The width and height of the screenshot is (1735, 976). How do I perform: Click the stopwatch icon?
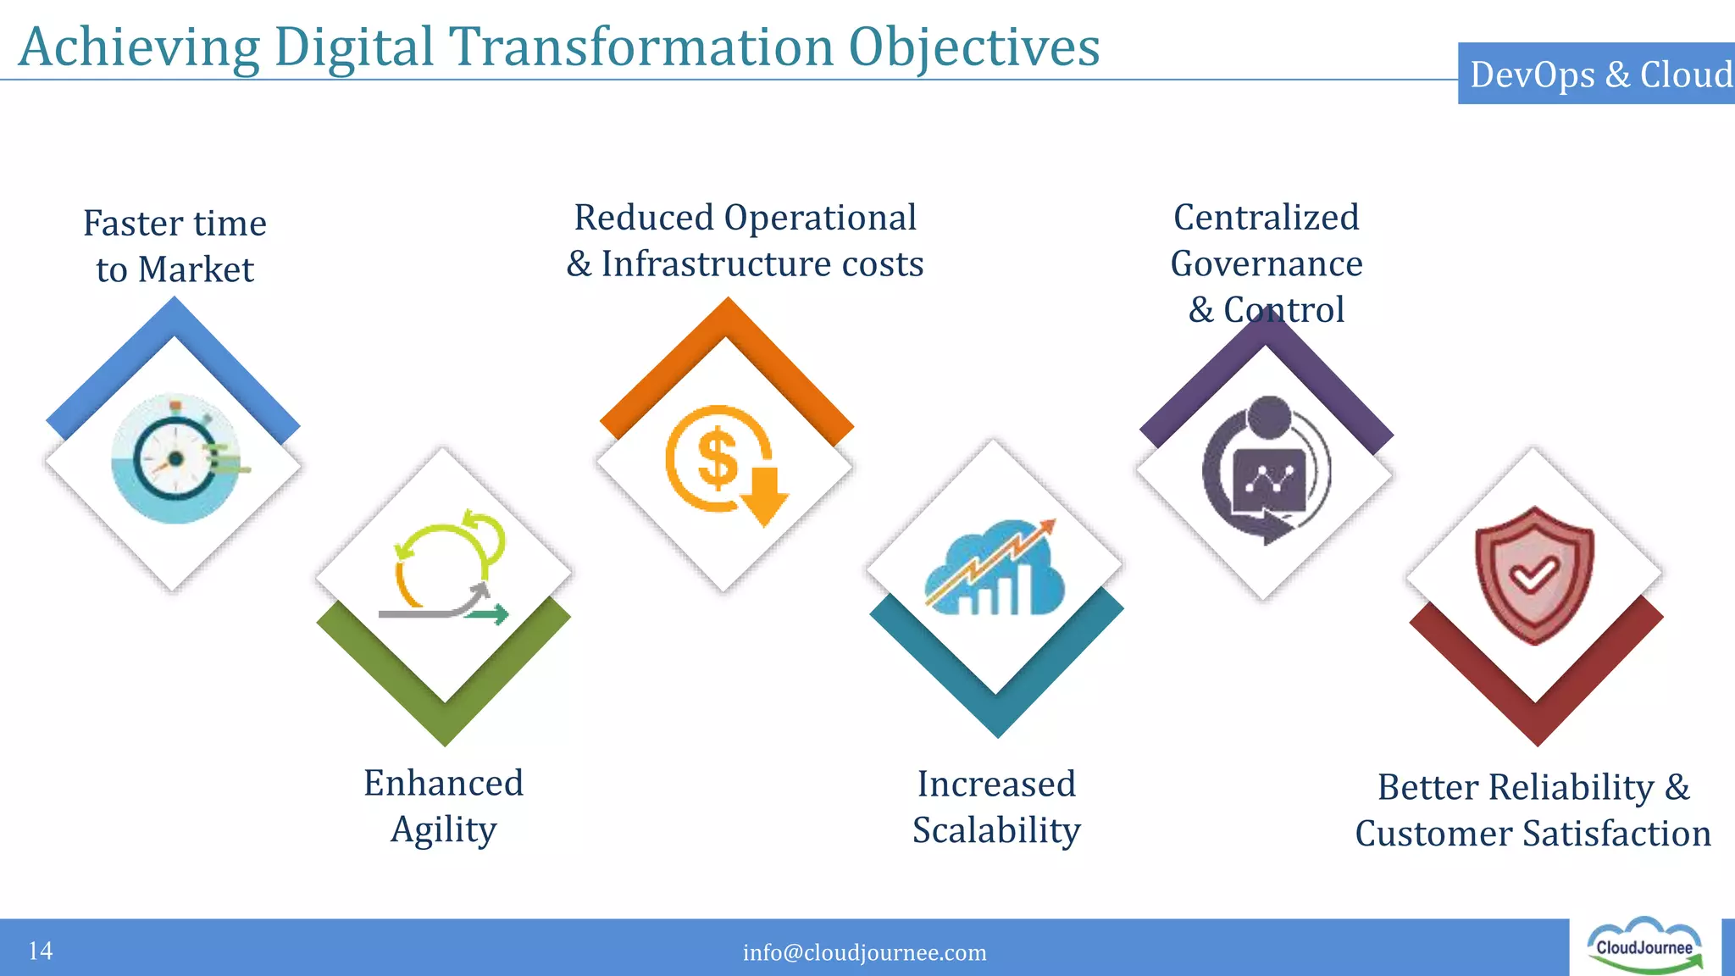click(x=175, y=458)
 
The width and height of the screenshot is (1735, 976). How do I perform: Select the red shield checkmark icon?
click(x=1534, y=575)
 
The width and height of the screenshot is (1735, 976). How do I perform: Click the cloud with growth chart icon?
click(x=994, y=567)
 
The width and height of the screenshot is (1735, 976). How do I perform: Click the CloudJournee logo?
click(x=1644, y=946)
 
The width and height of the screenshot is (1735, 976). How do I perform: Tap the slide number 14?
click(x=40, y=951)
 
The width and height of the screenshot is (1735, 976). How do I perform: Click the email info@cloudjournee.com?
click(x=864, y=952)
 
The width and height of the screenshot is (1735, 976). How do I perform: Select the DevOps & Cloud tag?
click(x=1599, y=75)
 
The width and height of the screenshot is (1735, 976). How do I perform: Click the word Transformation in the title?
click(x=641, y=47)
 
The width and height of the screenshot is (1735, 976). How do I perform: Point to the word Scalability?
click(x=996, y=830)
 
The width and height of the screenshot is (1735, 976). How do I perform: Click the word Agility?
click(x=443, y=830)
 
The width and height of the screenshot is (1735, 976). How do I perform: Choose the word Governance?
click(x=1267, y=264)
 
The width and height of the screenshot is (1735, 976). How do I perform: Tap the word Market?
click(x=196, y=269)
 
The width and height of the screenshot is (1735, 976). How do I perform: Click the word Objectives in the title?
click(x=973, y=47)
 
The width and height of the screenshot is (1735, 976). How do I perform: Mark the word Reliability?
click(x=1571, y=788)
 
